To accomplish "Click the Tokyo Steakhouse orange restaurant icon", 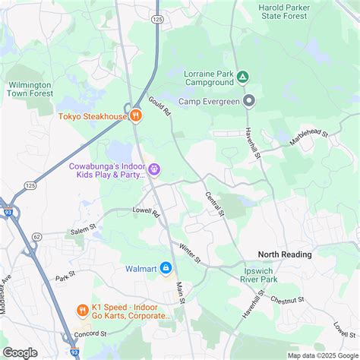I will (x=135, y=115).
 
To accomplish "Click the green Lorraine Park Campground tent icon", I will (x=242, y=77).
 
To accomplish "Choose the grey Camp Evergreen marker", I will (x=248, y=100).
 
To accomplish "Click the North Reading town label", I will (x=285, y=254).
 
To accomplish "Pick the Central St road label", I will (x=216, y=203).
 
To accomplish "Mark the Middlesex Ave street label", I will (x=7, y=286).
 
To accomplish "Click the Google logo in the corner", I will (x=21, y=352).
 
